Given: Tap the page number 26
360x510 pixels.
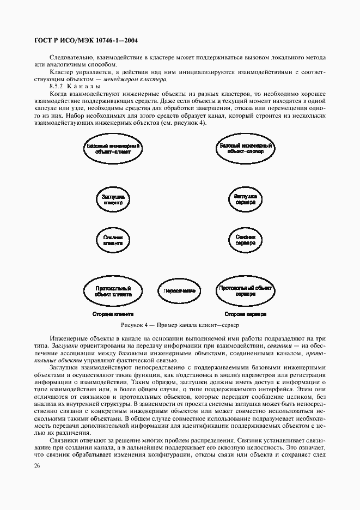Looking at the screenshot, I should click(x=37, y=466).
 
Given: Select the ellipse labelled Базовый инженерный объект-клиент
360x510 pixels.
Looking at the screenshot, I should click(x=113, y=149).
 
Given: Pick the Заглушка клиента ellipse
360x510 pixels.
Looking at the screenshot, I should click(x=113, y=199).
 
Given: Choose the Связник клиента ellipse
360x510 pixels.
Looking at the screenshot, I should click(x=113, y=240).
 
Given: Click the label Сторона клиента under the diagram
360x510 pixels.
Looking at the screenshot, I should click(x=113, y=315).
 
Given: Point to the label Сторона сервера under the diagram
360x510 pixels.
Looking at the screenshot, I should click(x=245, y=315).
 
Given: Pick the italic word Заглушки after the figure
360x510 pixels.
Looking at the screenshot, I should click(x=62, y=346).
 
